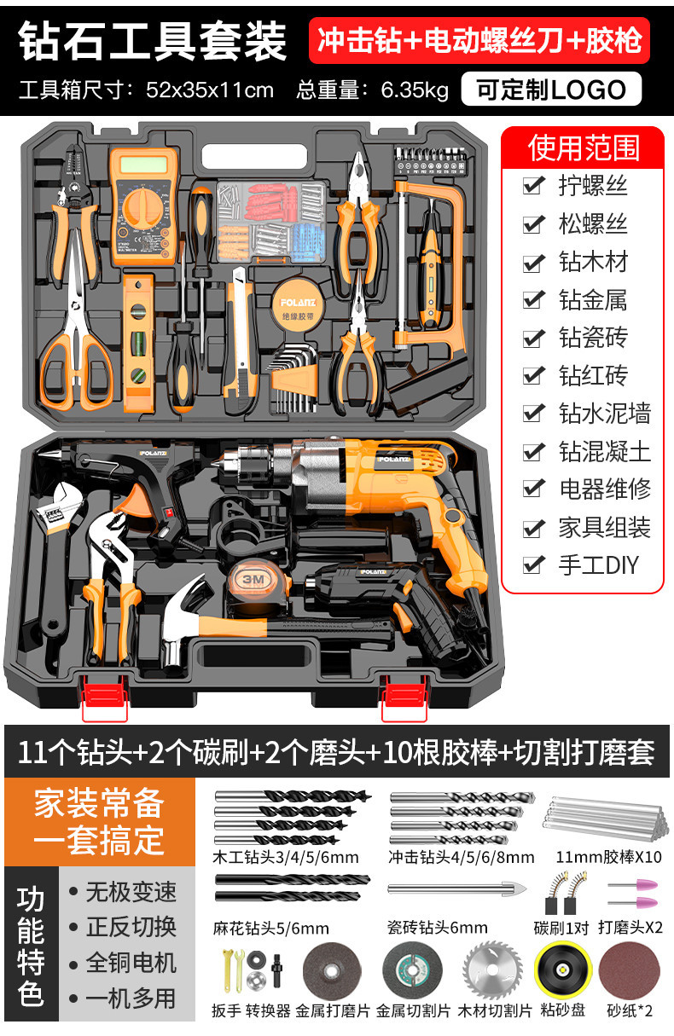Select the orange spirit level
point(138,343)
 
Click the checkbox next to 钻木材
point(533,263)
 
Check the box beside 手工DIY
point(533,564)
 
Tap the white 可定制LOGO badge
point(551,90)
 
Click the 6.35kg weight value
point(415,90)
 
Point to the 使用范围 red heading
point(584,148)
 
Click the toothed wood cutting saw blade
point(492,970)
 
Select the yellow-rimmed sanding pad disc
point(563,969)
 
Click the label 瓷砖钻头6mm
point(438,928)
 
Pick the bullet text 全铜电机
point(131,964)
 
